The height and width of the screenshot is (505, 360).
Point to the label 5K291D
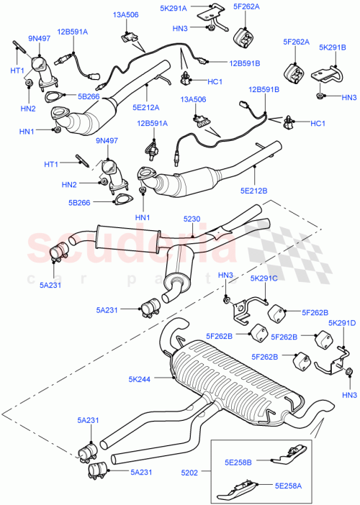(x=343, y=323)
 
